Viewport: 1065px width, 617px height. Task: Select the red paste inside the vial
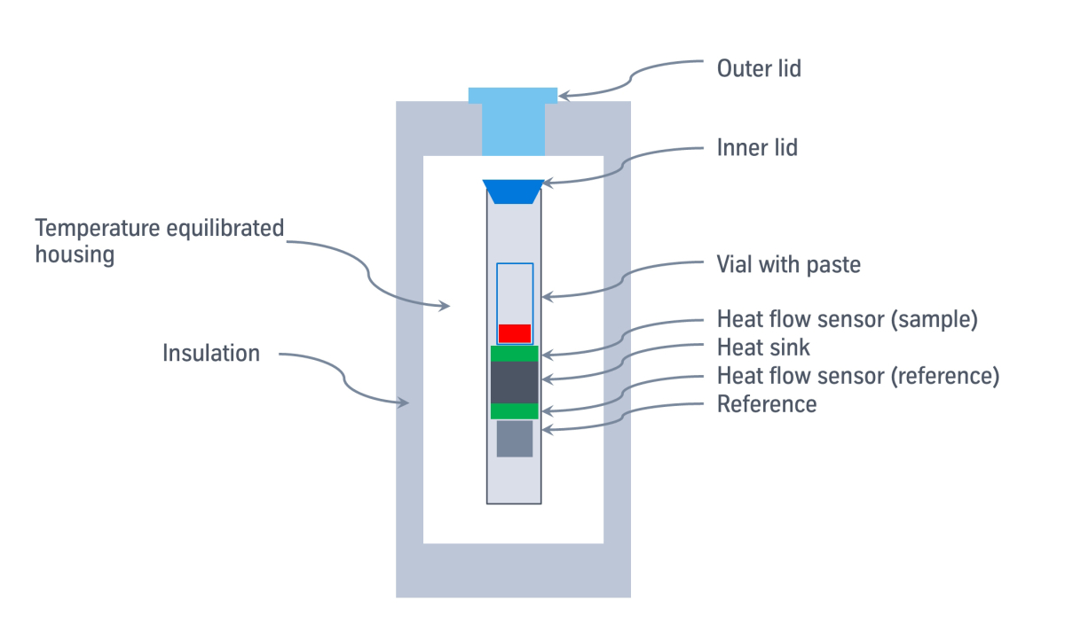[x=514, y=333]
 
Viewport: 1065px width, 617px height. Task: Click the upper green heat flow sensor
[x=514, y=354]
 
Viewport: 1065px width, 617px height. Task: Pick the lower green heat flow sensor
[x=514, y=411]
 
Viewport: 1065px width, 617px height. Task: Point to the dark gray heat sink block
[x=514, y=382]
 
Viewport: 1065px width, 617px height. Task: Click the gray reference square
[x=514, y=439]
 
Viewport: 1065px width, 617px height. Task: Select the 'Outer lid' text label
[x=759, y=68]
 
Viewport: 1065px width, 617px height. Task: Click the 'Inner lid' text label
[x=757, y=147]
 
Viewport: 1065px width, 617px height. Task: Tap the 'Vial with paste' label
[x=788, y=264]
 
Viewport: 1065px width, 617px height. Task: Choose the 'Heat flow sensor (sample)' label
[x=847, y=319]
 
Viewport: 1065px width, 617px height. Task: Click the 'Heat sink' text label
[x=763, y=348]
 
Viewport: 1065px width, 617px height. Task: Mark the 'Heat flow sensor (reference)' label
[x=858, y=376]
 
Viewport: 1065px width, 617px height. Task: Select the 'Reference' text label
[x=767, y=404]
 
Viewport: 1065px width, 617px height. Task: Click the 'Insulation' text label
[x=211, y=353]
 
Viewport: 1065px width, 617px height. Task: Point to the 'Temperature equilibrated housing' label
[x=160, y=241]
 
